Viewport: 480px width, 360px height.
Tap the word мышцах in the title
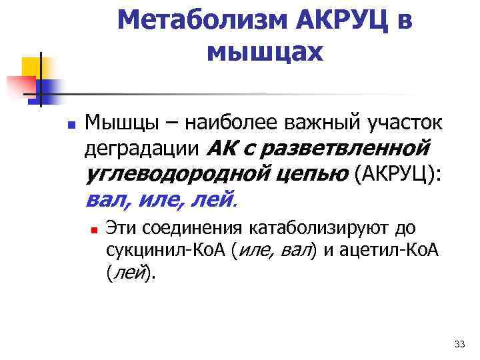(265, 51)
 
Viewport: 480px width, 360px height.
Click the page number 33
(459, 344)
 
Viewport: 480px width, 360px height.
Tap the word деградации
(141, 148)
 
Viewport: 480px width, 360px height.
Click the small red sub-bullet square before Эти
(95, 229)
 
